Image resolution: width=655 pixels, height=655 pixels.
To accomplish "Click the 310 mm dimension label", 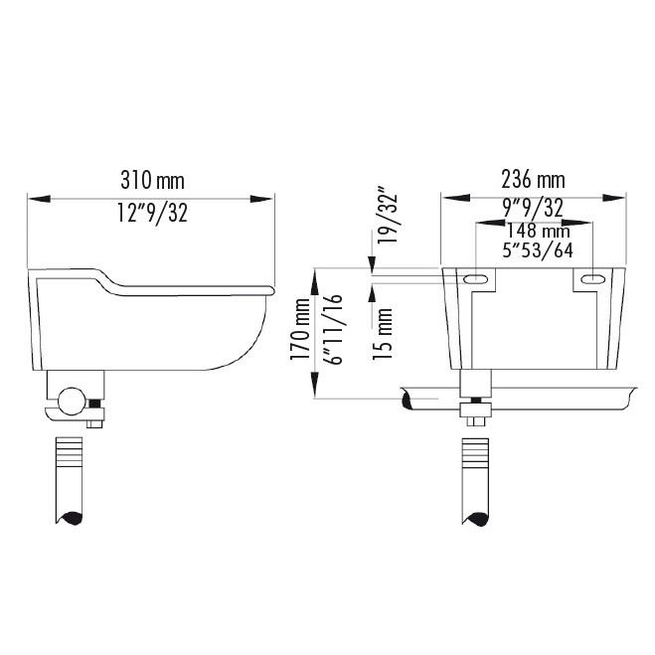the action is (152, 181).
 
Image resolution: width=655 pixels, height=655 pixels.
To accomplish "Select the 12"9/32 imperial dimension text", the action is (152, 213).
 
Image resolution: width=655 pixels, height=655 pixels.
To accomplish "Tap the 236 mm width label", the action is (533, 180).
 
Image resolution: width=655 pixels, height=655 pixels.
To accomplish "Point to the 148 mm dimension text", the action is (538, 231).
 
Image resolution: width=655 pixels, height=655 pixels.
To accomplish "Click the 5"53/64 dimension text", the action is (538, 249).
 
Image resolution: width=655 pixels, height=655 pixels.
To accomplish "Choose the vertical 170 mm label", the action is (300, 329).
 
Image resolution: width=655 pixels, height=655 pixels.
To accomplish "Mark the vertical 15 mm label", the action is (383, 334).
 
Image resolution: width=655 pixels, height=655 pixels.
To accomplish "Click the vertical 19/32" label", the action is (387, 213).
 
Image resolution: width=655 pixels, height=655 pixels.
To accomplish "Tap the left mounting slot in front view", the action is (476, 279).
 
